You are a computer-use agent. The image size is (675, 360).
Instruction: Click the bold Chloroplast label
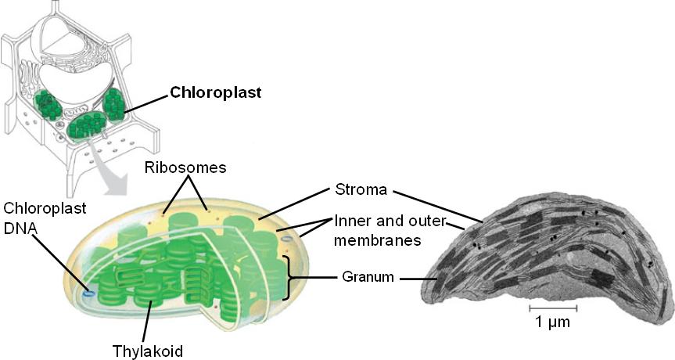(x=215, y=92)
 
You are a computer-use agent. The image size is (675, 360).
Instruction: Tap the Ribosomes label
(x=185, y=167)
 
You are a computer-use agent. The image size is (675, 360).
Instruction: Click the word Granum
(x=366, y=277)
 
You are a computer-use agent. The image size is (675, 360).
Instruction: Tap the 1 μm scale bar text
(x=551, y=321)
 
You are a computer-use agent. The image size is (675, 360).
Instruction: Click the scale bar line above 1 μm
(x=552, y=309)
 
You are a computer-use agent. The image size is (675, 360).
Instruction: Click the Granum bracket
(x=292, y=277)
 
